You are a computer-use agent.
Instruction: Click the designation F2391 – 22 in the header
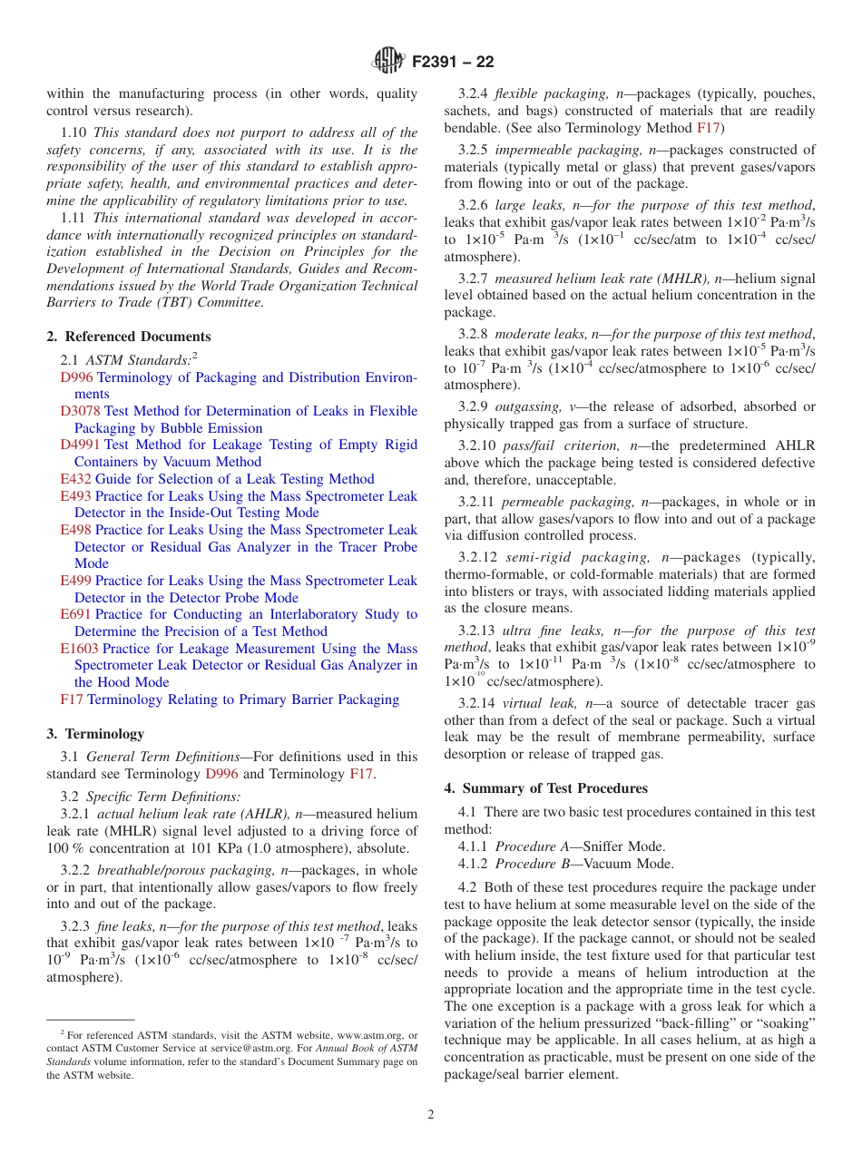point(453,63)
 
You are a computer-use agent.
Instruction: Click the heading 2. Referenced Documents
point(129,337)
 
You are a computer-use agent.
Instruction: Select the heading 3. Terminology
point(95,734)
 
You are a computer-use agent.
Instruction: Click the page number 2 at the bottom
point(431,1115)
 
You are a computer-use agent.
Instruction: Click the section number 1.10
point(75,132)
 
